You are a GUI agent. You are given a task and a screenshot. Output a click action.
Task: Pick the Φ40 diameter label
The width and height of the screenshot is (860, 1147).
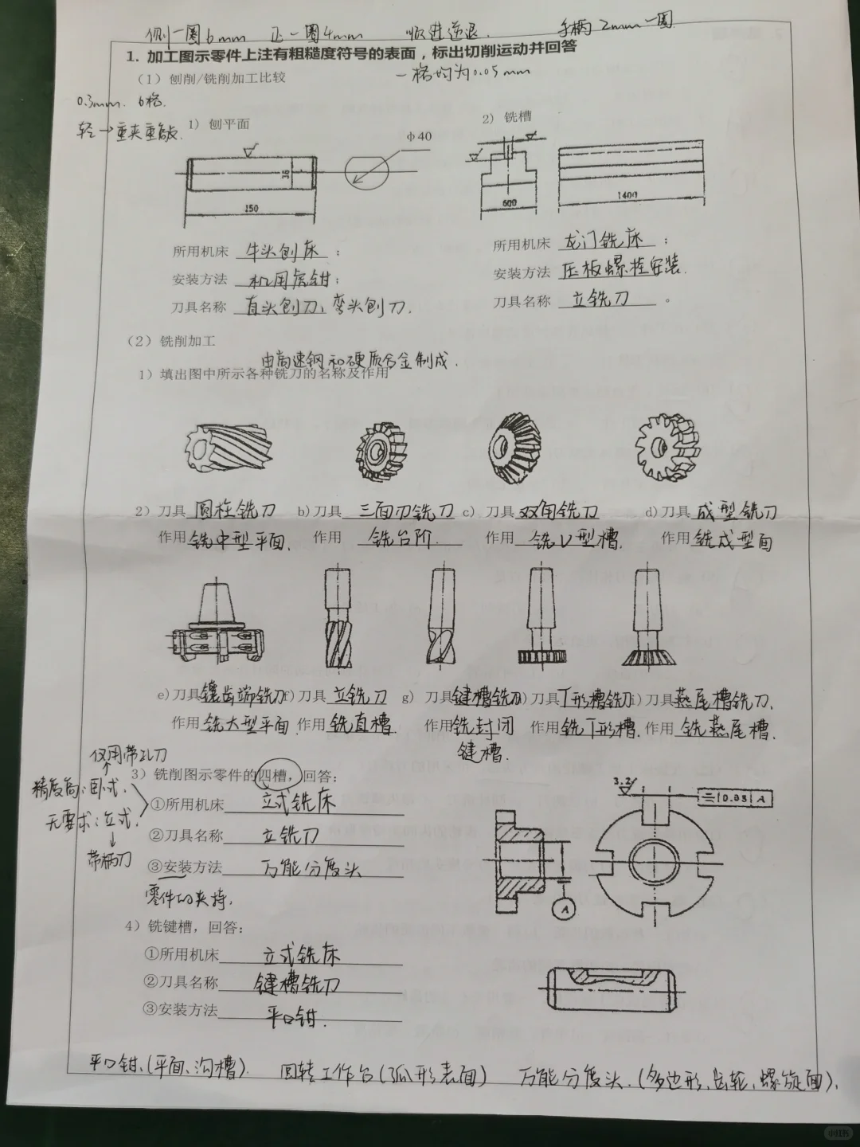(417, 136)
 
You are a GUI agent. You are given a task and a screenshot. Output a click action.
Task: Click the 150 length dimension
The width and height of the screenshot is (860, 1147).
(252, 208)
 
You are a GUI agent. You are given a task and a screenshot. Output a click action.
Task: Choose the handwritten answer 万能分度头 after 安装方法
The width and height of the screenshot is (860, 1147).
(311, 869)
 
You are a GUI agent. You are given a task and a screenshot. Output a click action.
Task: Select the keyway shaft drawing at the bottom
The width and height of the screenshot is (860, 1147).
(610, 988)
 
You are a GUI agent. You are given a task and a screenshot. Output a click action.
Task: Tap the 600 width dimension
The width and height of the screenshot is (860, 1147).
(509, 203)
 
